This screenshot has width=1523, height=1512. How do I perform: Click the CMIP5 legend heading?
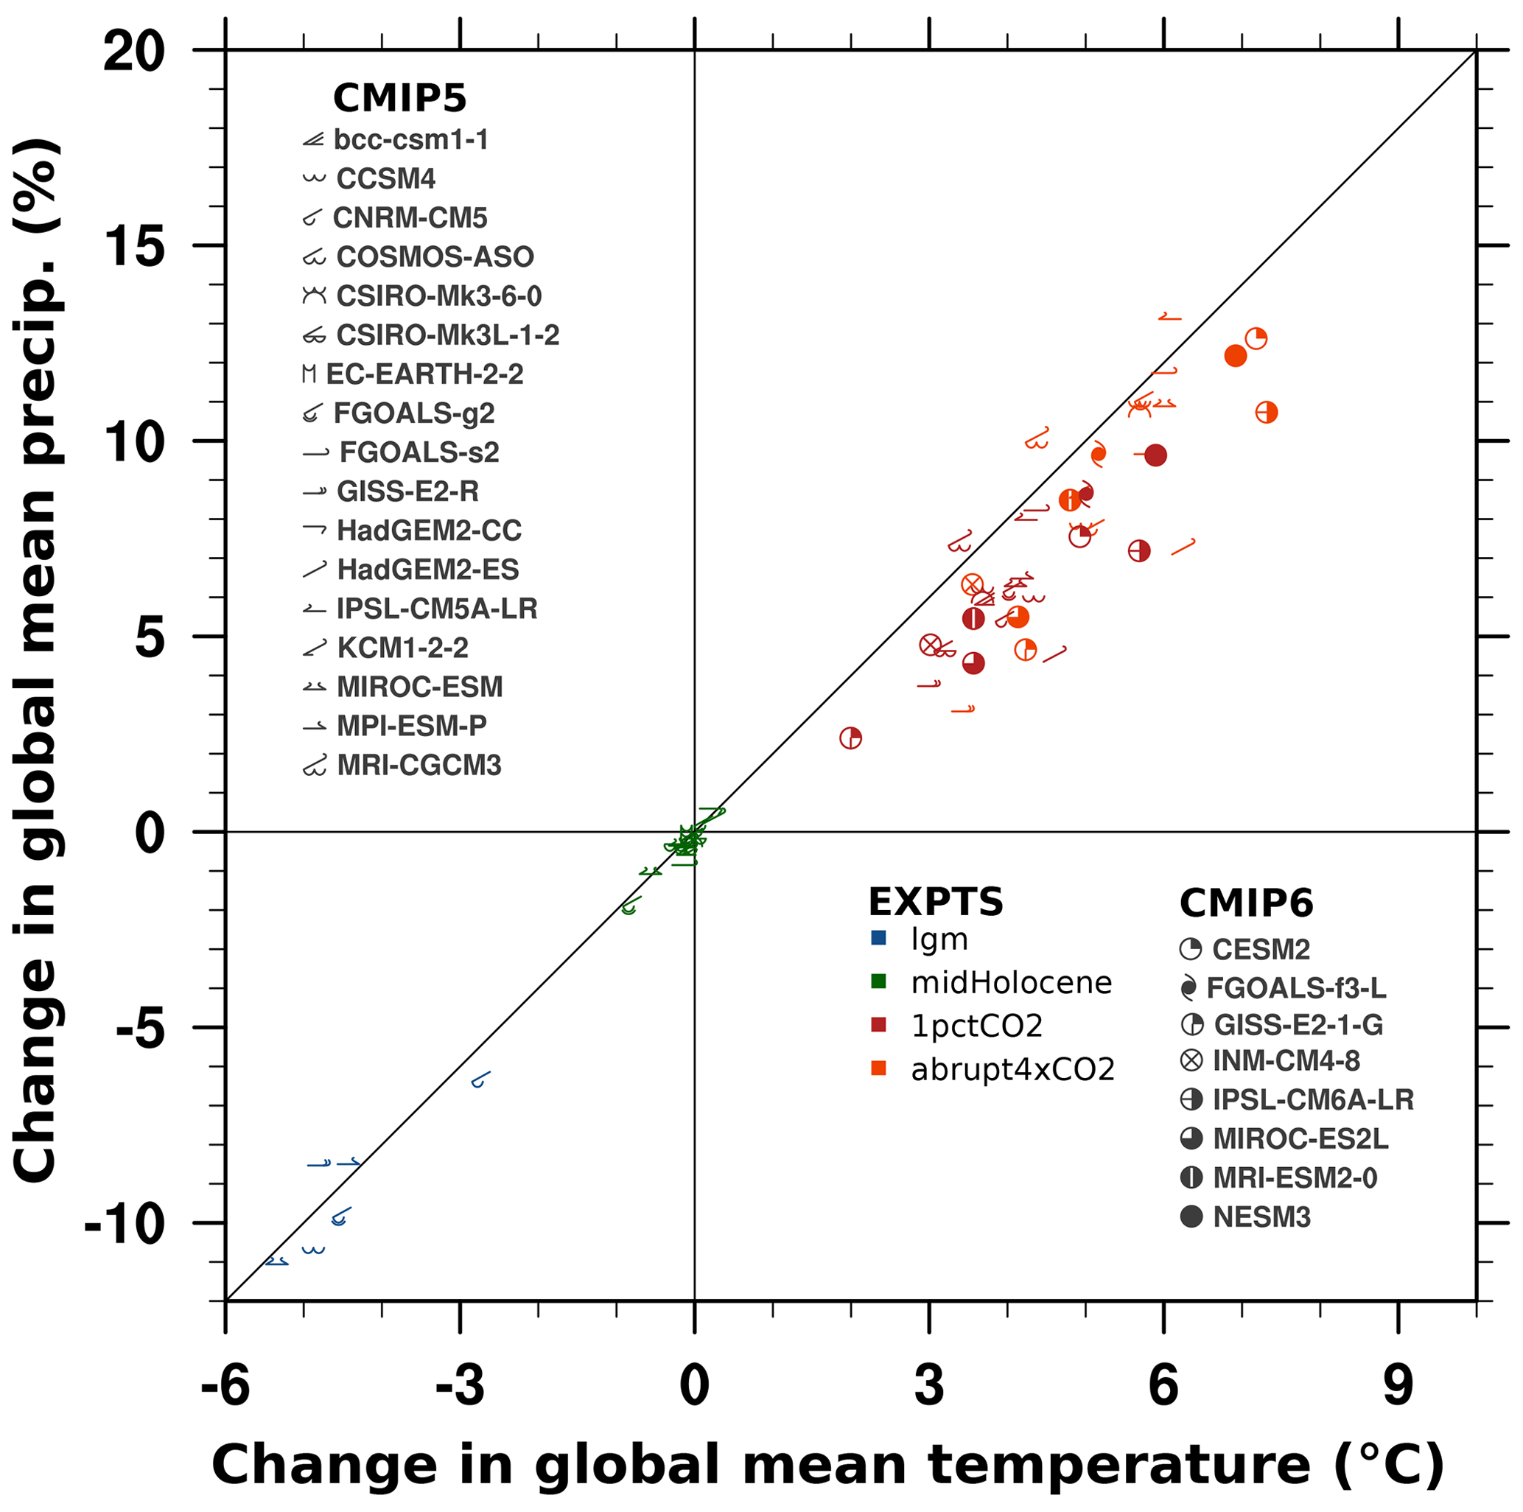coord(399,99)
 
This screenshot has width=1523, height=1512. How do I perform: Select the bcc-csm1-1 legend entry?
coord(410,139)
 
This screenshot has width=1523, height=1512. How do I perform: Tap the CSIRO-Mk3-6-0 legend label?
coord(439,296)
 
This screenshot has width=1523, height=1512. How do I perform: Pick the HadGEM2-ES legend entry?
coord(428,569)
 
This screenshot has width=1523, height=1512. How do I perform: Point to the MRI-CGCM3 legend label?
coord(419,766)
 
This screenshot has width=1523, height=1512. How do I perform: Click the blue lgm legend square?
coord(878,938)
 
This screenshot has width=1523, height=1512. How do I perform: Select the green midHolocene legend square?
coord(878,981)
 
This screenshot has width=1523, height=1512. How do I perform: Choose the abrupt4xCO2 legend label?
coord(1013,1070)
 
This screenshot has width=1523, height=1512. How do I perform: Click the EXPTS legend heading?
coord(936,902)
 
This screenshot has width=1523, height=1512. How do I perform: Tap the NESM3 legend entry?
coord(1261,1217)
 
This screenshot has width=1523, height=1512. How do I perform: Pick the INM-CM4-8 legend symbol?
coord(1191,1060)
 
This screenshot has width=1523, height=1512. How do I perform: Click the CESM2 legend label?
coord(1261,949)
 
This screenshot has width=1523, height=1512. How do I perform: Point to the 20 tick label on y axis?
coord(134,52)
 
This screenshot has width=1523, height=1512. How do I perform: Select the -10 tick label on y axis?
coord(125,1223)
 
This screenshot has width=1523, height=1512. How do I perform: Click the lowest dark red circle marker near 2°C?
coord(850,738)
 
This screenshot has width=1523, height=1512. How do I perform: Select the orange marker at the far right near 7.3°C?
coord(1266,413)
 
